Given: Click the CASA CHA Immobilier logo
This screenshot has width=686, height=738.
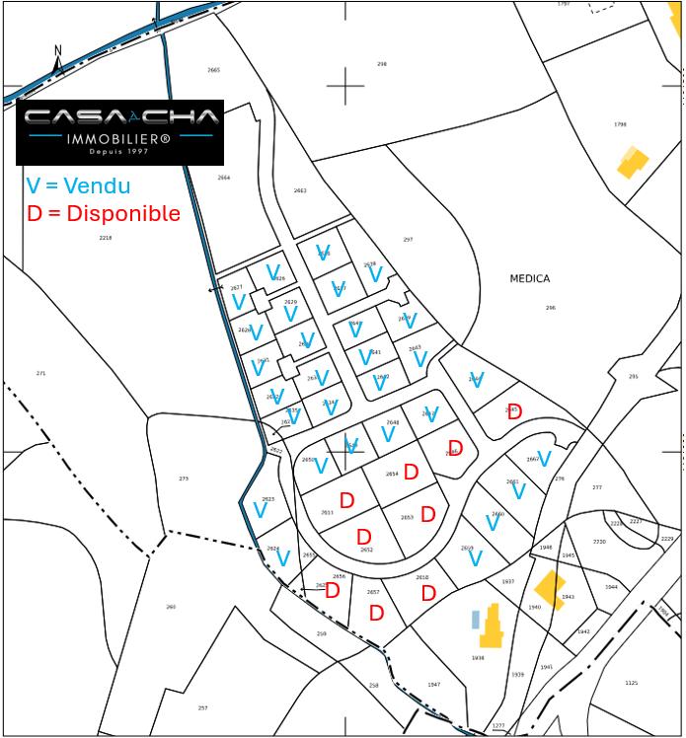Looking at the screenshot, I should pos(119,131).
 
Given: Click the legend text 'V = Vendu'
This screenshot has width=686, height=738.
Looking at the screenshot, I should pos(77,185).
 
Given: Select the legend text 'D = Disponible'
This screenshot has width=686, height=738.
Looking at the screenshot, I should pos(104,213).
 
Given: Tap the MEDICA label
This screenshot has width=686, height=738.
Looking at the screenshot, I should pos(529,279).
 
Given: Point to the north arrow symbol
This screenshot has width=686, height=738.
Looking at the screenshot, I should pos(58,61).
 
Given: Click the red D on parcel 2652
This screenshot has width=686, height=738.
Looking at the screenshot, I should pos(363,537).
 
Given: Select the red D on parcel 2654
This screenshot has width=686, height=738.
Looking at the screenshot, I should pos(412,473).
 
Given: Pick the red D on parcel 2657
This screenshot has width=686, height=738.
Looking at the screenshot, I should pos(376,614).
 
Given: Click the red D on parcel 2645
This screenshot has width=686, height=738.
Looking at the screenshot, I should pos(514,412).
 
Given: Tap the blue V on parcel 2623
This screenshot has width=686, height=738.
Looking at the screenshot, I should pos(261,511).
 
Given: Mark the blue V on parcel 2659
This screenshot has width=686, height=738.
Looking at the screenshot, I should pos(474,559).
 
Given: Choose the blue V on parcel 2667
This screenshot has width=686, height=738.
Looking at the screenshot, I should pos(543,459).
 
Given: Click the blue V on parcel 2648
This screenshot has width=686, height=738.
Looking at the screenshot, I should pos(388,434).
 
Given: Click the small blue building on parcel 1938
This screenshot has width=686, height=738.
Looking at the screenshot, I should pos(475,620).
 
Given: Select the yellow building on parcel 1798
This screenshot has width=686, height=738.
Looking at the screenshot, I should pos(632,162).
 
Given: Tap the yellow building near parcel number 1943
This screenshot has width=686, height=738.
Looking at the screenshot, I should pos(549,589).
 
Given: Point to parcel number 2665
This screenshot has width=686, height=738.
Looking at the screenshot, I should pos(214,70).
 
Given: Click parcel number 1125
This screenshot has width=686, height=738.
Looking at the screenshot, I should pos(632,683).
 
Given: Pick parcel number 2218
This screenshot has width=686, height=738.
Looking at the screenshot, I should pos(106,238).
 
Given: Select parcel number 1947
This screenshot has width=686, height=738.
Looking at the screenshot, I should pos(434,684).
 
